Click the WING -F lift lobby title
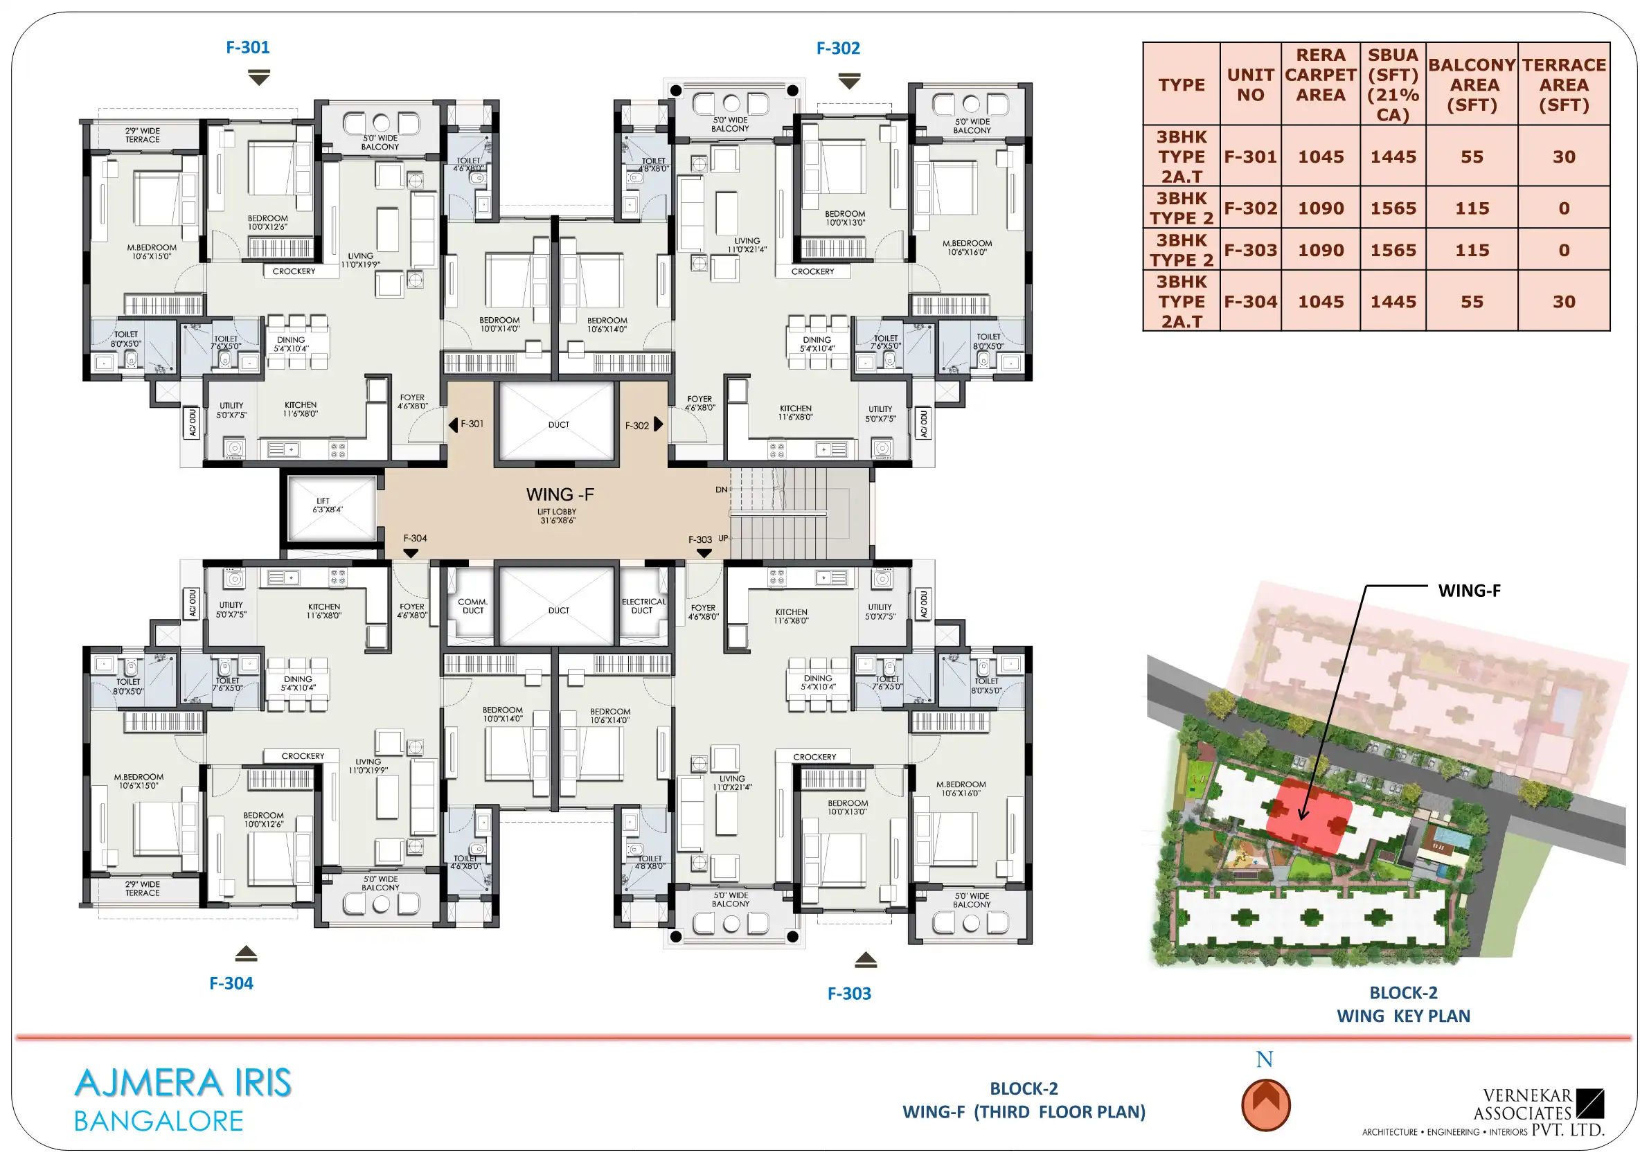(x=560, y=494)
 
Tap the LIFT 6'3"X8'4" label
(x=327, y=505)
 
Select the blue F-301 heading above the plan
(x=248, y=47)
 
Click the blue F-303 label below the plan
(x=849, y=994)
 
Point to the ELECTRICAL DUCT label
(x=643, y=606)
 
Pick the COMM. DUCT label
(x=472, y=606)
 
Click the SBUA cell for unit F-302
(x=1393, y=208)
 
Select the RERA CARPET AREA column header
(x=1320, y=75)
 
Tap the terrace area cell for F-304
(x=1564, y=302)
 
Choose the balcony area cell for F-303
(x=1472, y=250)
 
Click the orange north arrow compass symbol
(x=1265, y=1105)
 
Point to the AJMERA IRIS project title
(x=183, y=1083)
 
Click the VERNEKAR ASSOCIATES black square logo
(x=1589, y=1104)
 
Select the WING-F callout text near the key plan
(x=1469, y=590)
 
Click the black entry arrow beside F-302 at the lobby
(x=659, y=424)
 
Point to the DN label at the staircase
(x=721, y=490)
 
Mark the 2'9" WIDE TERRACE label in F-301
(x=142, y=135)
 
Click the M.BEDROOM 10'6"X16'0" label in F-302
(x=967, y=248)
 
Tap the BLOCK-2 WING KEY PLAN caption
(x=1403, y=1005)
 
